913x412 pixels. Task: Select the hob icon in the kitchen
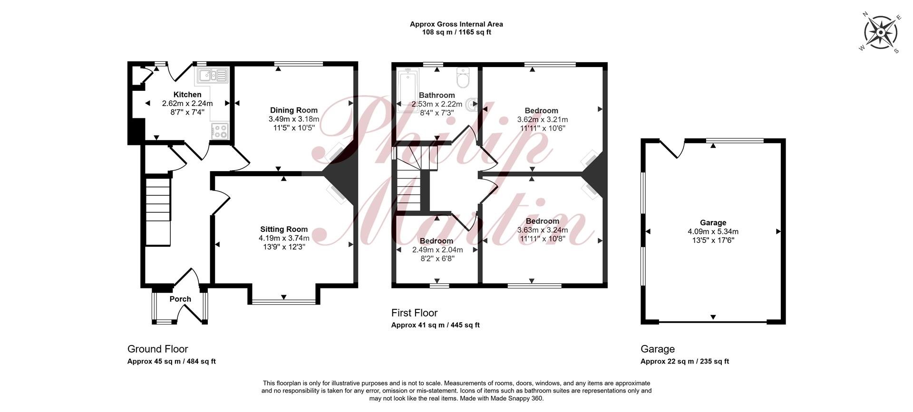pos(220,131)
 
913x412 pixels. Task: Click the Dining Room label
pos(294,110)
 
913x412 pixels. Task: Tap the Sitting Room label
pos(284,229)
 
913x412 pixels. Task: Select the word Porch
pos(180,299)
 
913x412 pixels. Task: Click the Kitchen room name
pos(187,95)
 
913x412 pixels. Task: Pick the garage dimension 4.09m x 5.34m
pos(713,231)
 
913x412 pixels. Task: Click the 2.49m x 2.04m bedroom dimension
pos(437,249)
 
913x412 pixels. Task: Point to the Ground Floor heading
pos(158,349)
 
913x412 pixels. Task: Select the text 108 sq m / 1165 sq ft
pos(456,32)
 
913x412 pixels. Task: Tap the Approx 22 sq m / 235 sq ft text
pos(685,361)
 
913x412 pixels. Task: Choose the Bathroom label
pos(437,95)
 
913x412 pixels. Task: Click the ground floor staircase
pos(158,211)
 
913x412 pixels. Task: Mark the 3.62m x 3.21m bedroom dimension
pos(542,119)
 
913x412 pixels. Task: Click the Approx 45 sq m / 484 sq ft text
pos(172,361)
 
